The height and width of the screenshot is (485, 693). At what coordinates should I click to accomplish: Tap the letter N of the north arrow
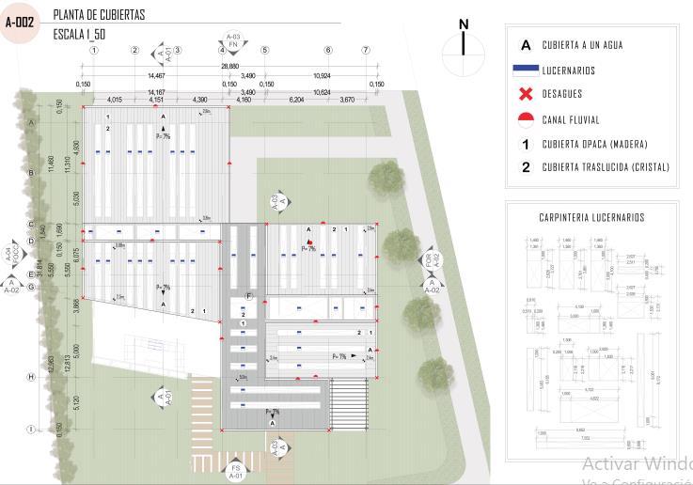[463, 24]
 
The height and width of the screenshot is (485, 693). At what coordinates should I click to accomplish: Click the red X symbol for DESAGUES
[526, 94]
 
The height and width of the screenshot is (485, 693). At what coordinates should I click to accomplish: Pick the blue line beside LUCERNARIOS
[526, 70]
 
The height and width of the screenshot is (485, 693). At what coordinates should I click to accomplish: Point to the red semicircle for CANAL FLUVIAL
[526, 119]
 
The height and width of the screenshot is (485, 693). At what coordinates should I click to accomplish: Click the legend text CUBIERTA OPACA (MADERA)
[595, 144]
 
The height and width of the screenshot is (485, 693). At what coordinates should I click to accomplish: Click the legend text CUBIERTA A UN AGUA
[582, 45]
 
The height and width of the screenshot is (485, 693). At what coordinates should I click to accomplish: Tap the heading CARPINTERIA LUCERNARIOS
[591, 218]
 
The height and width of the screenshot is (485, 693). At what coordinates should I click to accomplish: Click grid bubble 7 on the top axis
[366, 50]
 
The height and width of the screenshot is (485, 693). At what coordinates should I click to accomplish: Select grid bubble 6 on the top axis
[328, 50]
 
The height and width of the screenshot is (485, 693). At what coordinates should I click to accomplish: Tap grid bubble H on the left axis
[31, 377]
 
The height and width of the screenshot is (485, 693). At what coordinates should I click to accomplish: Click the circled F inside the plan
[249, 296]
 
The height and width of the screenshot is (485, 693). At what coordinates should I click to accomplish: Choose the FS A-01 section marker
[237, 471]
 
